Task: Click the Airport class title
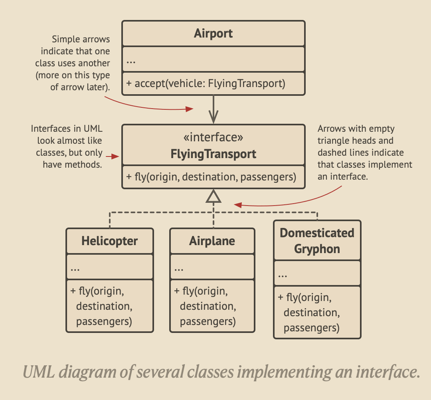pos(213,34)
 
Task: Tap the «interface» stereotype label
pos(213,138)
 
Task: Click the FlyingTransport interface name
pos(213,154)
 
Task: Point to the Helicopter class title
pos(109,241)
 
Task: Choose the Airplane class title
pos(212,241)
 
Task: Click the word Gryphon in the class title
pos(317,249)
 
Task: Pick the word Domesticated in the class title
pos(317,233)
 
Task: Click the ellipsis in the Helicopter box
pos(75,269)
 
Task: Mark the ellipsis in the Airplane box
pos(178,269)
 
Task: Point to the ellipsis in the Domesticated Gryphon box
pos(283,275)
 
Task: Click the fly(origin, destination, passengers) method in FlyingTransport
pos(211,176)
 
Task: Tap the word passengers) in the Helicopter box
pos(104,321)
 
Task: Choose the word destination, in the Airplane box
pos(208,306)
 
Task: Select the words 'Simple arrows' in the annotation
pos(81,40)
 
